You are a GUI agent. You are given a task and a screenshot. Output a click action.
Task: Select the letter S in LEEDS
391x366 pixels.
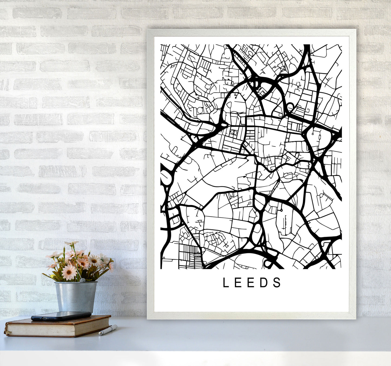(277, 282)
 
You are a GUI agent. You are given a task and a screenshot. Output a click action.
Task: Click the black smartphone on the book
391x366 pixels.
(61, 316)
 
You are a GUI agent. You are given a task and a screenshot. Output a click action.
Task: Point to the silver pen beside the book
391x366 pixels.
(108, 330)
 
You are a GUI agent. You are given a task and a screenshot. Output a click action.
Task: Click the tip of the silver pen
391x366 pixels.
(100, 334)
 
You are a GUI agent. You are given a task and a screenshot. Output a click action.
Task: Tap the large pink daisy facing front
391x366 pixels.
(69, 272)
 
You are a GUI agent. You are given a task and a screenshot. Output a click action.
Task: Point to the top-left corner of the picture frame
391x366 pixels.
(148, 30)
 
